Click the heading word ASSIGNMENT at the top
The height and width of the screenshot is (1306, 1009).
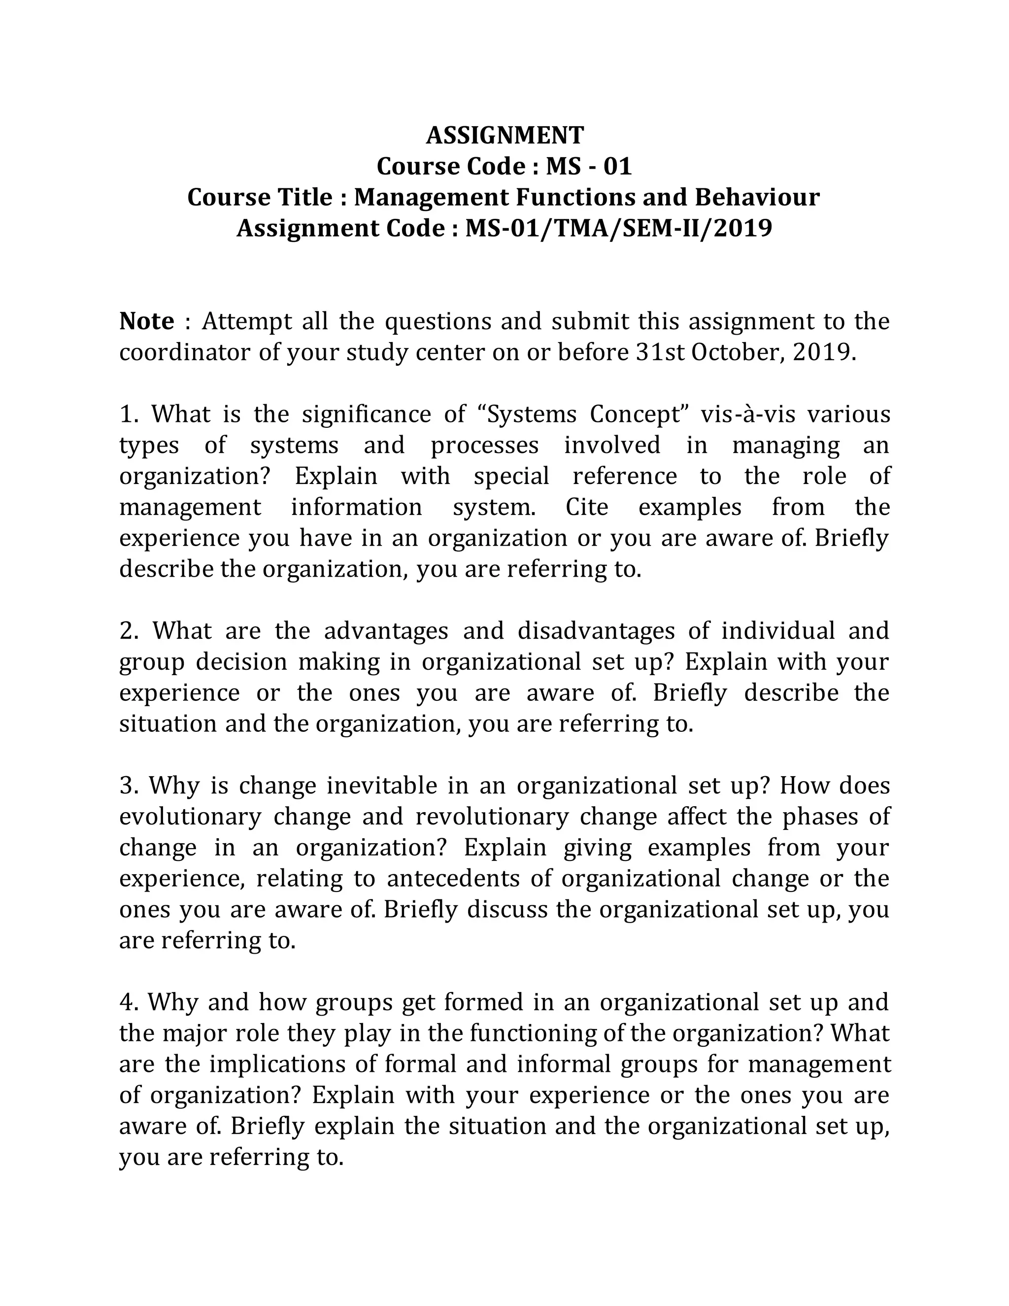tap(504, 136)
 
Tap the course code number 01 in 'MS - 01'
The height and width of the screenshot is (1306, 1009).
tap(617, 166)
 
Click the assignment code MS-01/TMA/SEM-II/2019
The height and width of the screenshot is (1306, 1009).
tap(619, 229)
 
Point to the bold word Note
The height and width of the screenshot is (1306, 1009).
tap(147, 322)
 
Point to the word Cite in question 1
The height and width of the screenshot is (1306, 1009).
tap(587, 508)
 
